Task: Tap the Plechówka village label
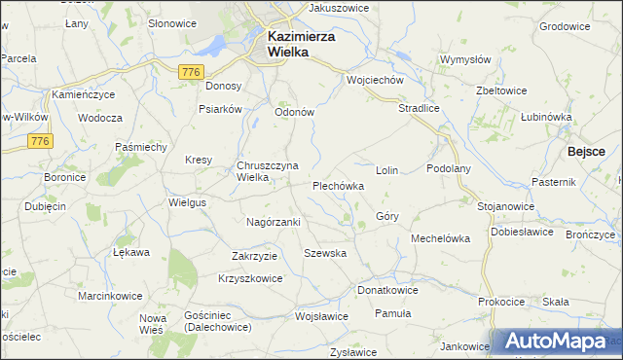[338, 185]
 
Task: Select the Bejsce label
[588, 152]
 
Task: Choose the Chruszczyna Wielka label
[266, 171]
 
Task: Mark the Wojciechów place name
[375, 81]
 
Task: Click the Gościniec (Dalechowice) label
[217, 321]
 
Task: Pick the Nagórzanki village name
[273, 222]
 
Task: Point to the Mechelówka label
[440, 238]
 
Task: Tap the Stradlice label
[420, 109]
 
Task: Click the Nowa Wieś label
[153, 324]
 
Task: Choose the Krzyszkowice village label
[250, 278]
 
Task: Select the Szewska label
[325, 253]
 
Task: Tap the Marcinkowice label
[110, 296]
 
